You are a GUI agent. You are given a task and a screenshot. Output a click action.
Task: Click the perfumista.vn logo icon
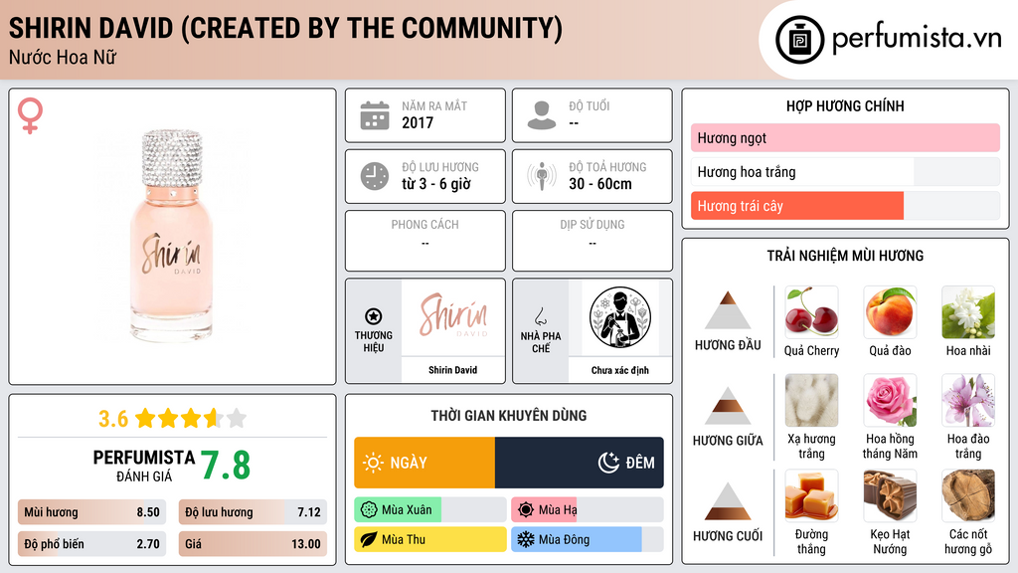point(799,40)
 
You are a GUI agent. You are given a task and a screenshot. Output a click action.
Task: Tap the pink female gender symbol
point(30,115)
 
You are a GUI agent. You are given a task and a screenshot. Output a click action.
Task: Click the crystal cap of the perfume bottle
point(172,159)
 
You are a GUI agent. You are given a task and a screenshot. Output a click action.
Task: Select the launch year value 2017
point(418,122)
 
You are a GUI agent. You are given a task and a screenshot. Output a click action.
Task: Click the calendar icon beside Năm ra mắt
point(375,115)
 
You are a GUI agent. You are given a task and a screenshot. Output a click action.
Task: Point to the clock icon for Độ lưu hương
point(375,176)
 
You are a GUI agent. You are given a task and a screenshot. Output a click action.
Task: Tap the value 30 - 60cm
point(600,184)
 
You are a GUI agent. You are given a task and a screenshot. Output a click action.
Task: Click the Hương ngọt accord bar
point(845,137)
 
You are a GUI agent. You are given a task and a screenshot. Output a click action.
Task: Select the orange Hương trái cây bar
point(797,206)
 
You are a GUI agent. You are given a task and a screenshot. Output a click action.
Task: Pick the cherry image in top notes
point(811,312)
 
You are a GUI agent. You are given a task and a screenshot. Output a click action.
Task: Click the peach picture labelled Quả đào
point(890,312)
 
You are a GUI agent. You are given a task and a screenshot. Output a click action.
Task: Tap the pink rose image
point(890,400)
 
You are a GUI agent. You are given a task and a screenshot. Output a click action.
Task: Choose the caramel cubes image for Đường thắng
point(811,495)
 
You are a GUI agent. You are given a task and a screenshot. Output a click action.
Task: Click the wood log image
point(968,495)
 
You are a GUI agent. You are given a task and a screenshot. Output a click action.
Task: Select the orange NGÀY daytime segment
point(424,463)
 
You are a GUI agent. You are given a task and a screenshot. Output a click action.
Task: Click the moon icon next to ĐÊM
point(608,463)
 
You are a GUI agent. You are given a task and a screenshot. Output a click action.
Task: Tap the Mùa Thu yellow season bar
point(430,539)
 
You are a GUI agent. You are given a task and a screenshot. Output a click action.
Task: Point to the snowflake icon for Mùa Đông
point(525,539)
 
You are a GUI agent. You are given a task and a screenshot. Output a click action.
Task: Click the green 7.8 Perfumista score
point(226,466)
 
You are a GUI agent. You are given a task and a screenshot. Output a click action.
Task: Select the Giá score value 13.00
point(306,544)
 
